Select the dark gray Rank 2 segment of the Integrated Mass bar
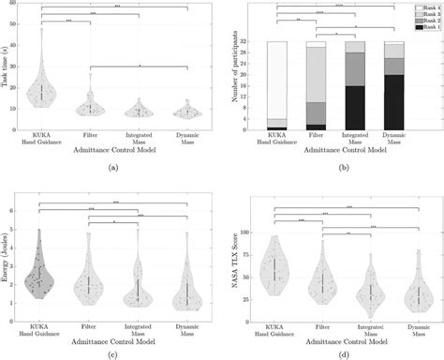[356, 69]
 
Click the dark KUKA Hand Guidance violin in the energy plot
[41, 274]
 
